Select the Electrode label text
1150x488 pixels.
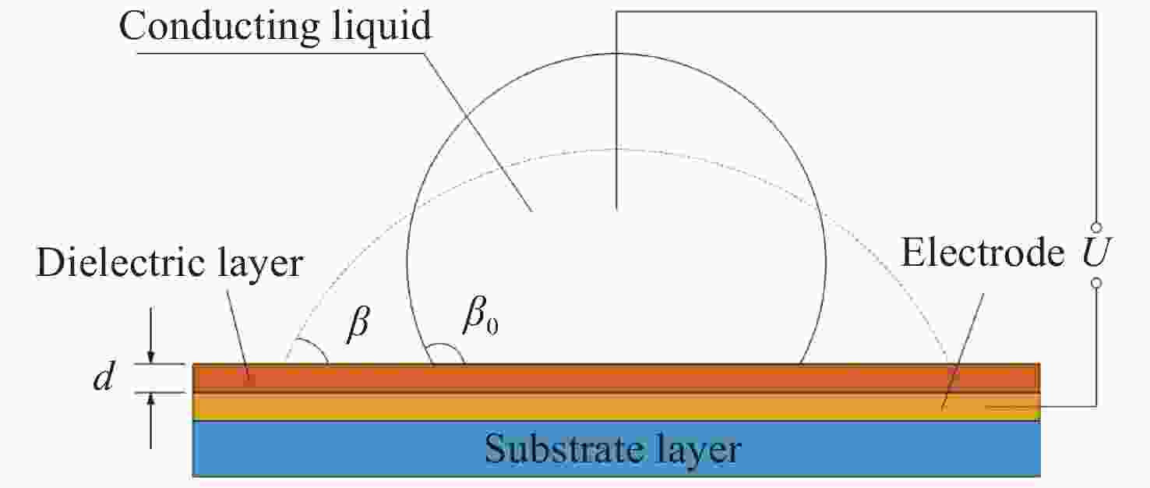tap(982, 253)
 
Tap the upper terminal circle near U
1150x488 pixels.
tap(1096, 227)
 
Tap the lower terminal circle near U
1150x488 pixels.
tap(1096, 284)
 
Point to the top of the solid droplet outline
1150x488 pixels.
tap(616, 53)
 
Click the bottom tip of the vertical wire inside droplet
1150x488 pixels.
tap(616, 210)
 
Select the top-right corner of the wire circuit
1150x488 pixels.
tap(1096, 12)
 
